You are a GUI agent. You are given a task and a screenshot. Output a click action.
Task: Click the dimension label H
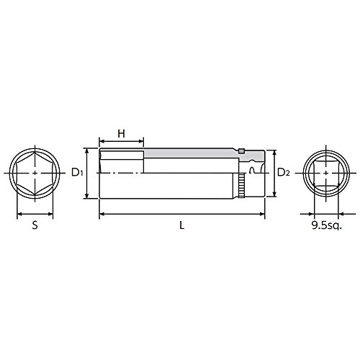coord(122,134)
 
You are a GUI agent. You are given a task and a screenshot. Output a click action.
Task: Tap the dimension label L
coord(182,225)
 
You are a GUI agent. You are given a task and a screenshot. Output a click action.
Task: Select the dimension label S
coord(35,225)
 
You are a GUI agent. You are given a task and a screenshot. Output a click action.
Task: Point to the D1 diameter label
coord(77,172)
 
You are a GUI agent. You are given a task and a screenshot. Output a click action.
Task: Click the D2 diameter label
coord(284,172)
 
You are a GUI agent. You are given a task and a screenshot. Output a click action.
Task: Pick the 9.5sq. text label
coord(326,225)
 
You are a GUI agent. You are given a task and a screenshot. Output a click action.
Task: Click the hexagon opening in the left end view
coord(35,173)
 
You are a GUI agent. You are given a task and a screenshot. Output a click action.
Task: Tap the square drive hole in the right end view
coord(326,173)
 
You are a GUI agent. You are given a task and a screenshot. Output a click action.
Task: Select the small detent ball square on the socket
coord(241,150)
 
